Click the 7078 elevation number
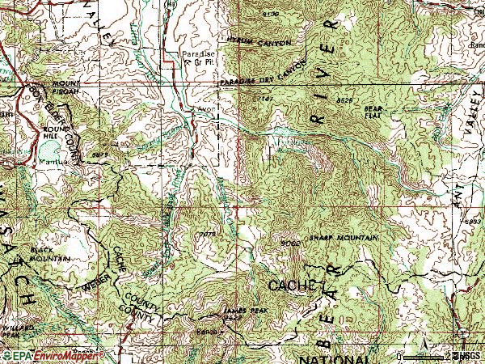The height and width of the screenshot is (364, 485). [208, 235]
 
